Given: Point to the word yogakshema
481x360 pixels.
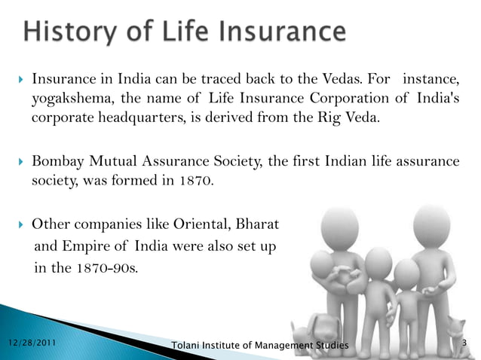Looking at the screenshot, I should point(68,99).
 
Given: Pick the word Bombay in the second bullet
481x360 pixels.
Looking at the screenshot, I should point(58,161).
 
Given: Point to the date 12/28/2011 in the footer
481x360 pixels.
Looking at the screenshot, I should point(30,343).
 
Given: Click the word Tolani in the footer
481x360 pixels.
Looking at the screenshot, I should point(188,345).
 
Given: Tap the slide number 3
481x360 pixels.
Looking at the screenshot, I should point(465,344).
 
